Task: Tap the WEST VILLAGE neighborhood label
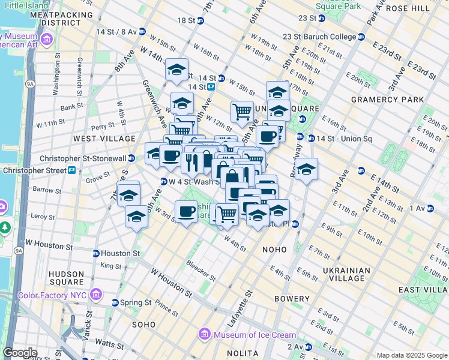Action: point(96,139)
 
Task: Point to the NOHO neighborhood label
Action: point(274,248)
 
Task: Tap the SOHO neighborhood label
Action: point(143,325)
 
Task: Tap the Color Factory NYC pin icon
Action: point(95,295)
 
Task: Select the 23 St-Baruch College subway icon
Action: point(361,37)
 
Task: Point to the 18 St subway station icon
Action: point(200,20)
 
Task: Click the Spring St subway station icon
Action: point(115,302)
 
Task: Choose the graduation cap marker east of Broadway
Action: point(306,169)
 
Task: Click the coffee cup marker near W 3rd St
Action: point(187,212)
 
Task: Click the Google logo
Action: point(20,353)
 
